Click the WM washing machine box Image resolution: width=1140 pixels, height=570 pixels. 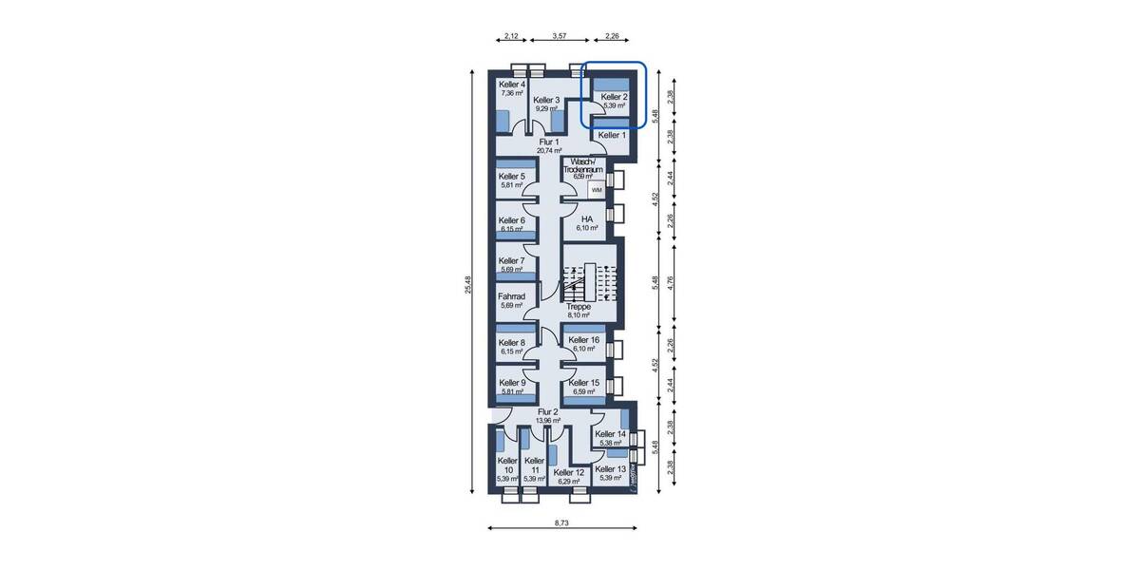point(597,190)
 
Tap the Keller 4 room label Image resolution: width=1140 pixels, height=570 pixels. point(512,85)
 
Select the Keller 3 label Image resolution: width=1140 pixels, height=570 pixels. point(546,100)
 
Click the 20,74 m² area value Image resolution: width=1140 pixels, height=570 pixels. point(549,151)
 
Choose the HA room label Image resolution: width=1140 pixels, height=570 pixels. point(587,218)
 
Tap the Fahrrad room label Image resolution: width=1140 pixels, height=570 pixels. point(512,296)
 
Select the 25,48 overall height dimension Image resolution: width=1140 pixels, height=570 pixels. point(467,285)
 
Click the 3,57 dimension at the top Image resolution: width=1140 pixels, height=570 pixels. point(560,36)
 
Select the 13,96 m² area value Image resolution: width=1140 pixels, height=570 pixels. point(549,420)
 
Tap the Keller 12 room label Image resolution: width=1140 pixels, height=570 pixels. point(569,471)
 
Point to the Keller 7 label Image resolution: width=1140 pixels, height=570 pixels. point(512,260)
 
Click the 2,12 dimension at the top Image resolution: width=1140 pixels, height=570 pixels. point(510,36)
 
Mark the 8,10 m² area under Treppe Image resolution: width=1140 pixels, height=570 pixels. point(579,316)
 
